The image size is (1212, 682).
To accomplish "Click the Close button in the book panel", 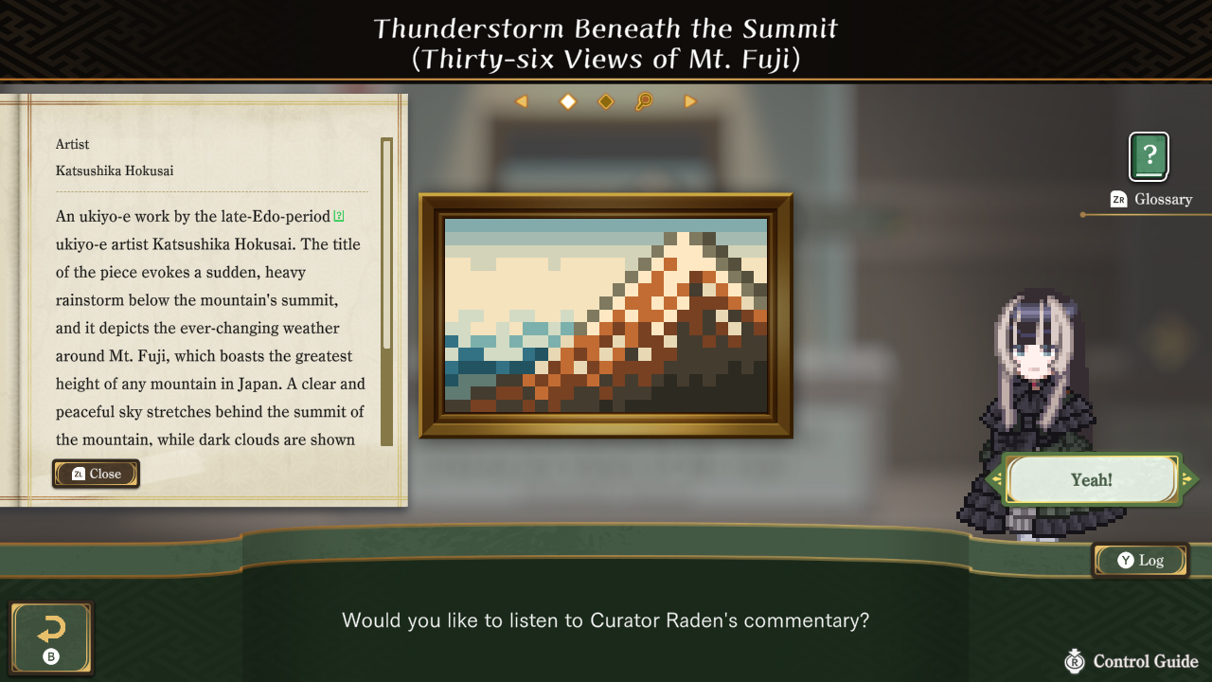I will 96,474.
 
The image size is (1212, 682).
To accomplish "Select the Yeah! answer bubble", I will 1091,480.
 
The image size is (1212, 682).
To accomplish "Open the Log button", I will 1140,560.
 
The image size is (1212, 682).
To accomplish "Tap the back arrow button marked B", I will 51,638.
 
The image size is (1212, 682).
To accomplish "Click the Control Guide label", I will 1145,661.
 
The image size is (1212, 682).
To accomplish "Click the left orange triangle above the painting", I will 521,101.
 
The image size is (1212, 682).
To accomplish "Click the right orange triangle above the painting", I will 690,101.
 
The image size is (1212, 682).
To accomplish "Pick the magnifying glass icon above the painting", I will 644,101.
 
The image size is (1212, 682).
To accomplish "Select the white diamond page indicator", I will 568,101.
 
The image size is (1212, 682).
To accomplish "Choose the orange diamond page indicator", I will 606,101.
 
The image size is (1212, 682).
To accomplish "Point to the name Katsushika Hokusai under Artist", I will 115,171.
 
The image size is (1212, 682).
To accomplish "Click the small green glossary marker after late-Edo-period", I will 339,216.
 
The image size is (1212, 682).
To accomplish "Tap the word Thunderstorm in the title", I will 469,28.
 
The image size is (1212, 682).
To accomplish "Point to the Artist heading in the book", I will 73,144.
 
